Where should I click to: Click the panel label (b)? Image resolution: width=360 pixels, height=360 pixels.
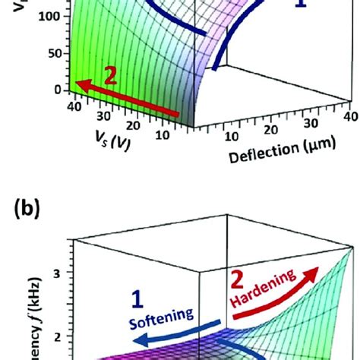[x=21, y=205]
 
